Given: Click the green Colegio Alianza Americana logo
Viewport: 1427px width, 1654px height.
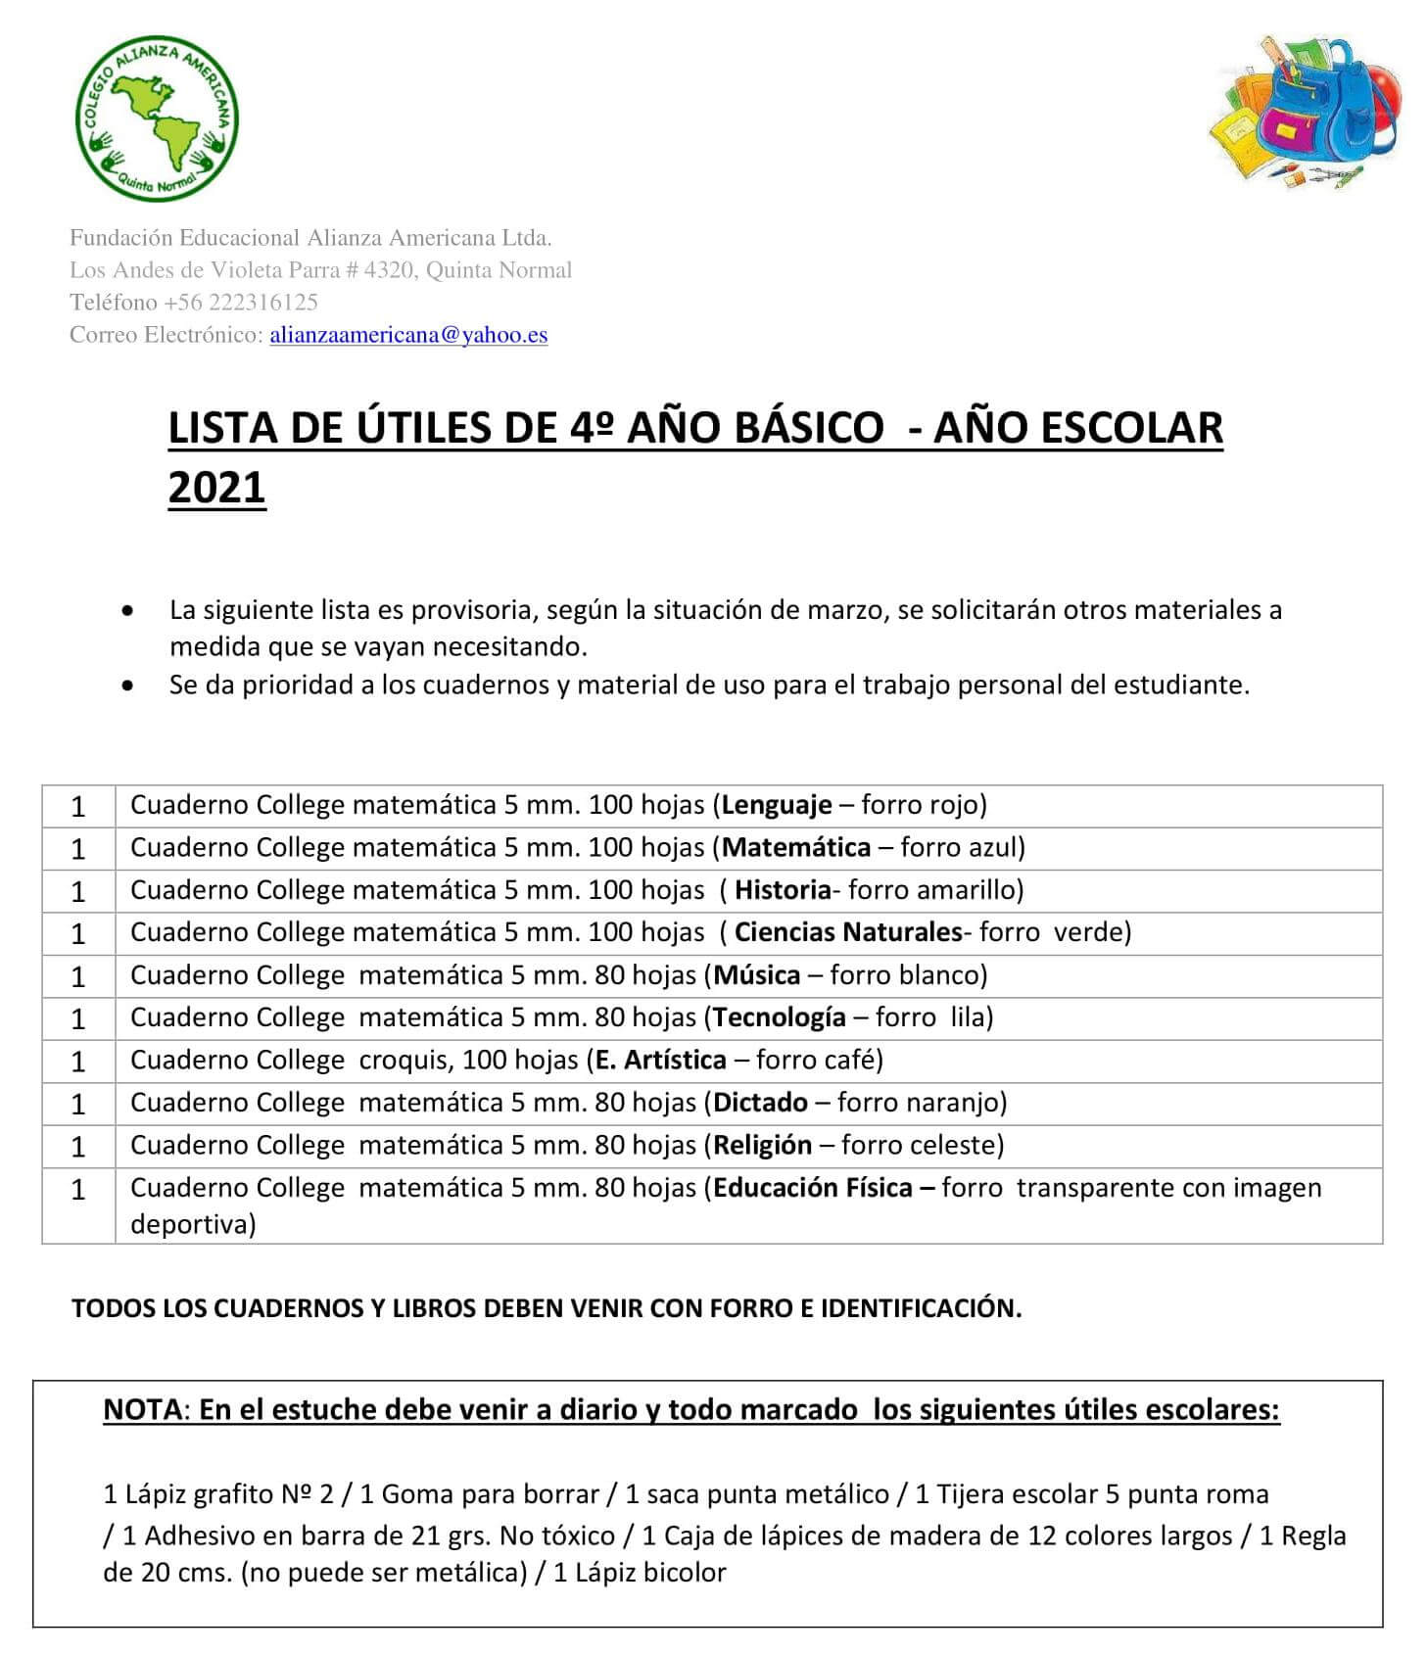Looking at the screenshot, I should point(157,120).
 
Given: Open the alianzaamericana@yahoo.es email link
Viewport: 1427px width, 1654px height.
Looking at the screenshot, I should point(408,335).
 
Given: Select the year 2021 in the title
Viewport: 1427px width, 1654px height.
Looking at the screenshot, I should point(216,487).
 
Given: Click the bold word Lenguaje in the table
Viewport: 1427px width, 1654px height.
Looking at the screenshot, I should point(777,805).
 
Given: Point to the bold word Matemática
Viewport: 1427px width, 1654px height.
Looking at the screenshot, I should point(796,847).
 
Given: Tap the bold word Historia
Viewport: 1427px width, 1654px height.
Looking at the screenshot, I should point(783,890).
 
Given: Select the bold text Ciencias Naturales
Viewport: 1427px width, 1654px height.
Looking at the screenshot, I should point(848,932).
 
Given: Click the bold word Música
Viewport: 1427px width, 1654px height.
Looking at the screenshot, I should point(757,975).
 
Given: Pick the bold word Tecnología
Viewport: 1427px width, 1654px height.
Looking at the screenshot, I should point(780,1017).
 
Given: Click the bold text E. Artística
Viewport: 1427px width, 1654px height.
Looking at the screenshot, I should point(661,1061).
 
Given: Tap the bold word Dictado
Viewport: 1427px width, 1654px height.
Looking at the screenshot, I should point(761,1103).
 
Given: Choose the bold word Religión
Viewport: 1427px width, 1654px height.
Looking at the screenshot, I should point(763,1146).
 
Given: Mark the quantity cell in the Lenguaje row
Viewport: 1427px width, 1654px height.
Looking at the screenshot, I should point(78,807).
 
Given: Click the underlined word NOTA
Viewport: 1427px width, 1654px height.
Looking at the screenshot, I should point(142,1410).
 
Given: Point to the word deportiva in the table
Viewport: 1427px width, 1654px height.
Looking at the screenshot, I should point(192,1225).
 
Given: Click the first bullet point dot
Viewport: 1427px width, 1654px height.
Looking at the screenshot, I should point(127,611).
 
